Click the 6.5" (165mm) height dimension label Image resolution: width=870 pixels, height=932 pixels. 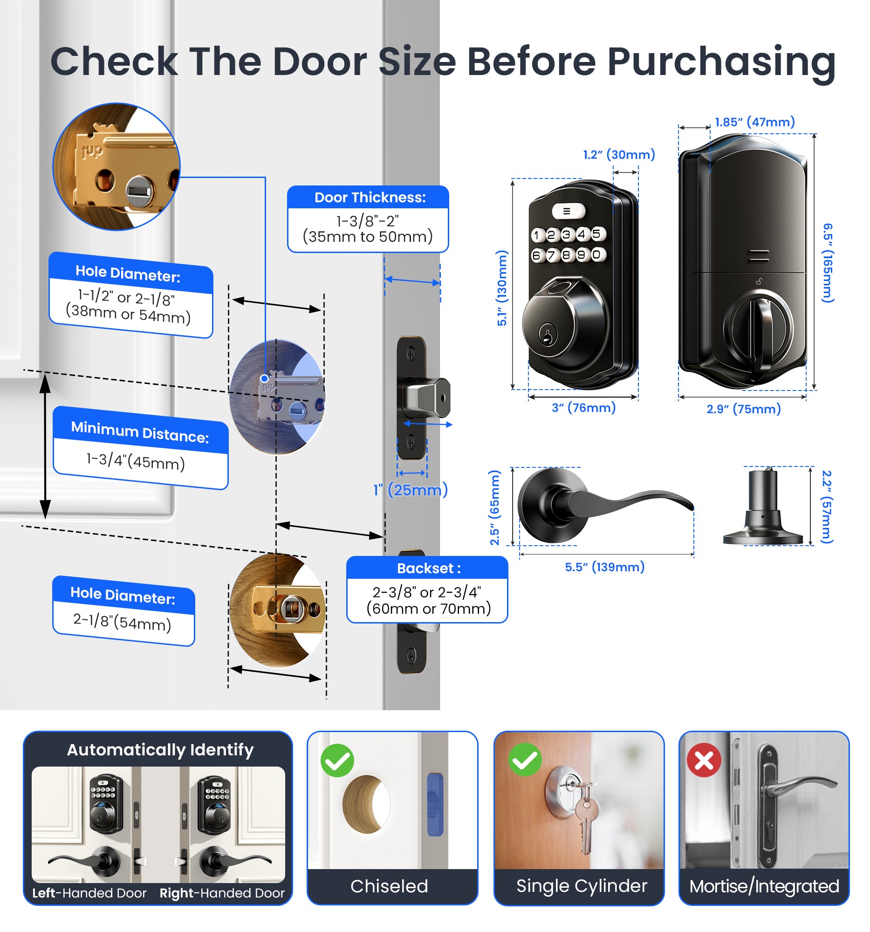pyautogui.click(x=828, y=262)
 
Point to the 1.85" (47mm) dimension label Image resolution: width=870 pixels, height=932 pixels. pyautogui.click(x=754, y=122)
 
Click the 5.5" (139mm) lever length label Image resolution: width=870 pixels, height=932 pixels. pyautogui.click(x=604, y=567)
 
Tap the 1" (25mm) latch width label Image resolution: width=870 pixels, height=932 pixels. pyautogui.click(x=410, y=490)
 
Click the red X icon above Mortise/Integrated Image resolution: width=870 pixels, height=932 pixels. pyautogui.click(x=703, y=760)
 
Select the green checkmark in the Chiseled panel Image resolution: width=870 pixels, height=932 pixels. pyautogui.click(x=337, y=760)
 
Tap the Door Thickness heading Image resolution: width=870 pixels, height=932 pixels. pyautogui.click(x=370, y=198)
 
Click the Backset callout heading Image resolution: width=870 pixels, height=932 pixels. pyautogui.click(x=428, y=568)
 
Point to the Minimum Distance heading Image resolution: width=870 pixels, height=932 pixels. pyautogui.click(x=140, y=432)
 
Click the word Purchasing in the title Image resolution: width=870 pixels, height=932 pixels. pyautogui.click(x=721, y=62)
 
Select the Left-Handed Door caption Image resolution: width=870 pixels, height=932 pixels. pyautogui.click(x=89, y=893)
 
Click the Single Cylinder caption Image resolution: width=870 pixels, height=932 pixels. pyautogui.click(x=581, y=886)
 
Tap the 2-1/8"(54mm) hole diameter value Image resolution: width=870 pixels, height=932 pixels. pyautogui.click(x=122, y=622)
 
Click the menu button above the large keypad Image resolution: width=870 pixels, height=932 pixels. pyautogui.click(x=567, y=211)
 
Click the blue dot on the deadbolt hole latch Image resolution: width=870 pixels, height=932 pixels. pyautogui.click(x=264, y=378)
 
